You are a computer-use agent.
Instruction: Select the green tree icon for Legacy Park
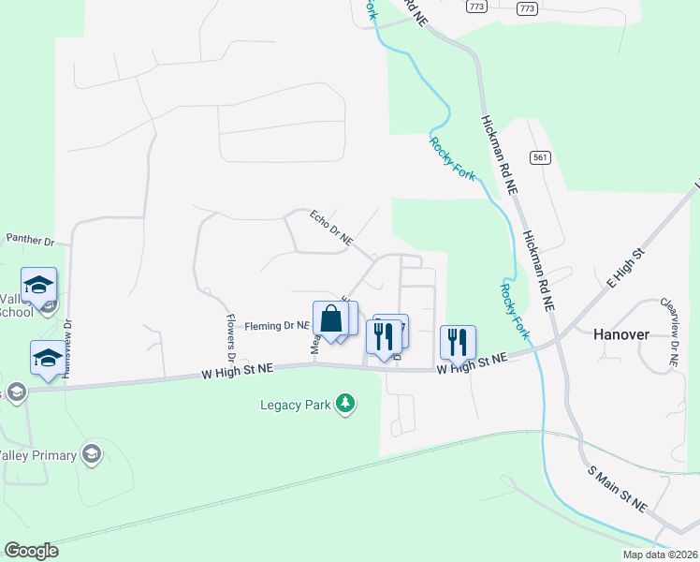[346, 404]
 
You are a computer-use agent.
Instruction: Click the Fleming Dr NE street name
[277, 326]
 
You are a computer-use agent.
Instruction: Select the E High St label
[627, 267]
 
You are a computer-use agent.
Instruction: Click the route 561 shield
[538, 157]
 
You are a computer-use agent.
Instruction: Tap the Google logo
[31, 550]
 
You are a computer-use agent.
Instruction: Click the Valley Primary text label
[39, 455]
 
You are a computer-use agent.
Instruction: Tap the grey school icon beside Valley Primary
[91, 454]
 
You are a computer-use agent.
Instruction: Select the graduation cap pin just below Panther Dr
[39, 286]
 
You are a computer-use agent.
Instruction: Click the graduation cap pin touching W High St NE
[49, 358]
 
